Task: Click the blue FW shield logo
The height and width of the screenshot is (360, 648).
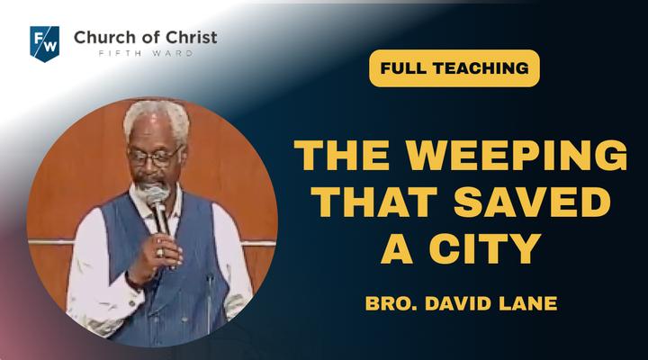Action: pyautogui.click(x=45, y=44)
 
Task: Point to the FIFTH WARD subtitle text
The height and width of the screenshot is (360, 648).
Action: pyautogui.click(x=146, y=53)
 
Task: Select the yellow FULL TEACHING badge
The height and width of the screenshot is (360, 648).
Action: pyautogui.click(x=454, y=68)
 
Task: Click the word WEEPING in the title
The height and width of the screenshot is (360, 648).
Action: pyautogui.click(x=517, y=155)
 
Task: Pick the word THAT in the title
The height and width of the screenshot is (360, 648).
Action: pyautogui.click(x=374, y=202)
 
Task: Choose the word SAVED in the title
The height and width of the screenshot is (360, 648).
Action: pyautogui.click(x=532, y=202)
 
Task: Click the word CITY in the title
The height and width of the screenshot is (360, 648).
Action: pyautogui.click(x=485, y=248)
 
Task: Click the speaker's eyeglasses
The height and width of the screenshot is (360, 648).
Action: pyautogui.click(x=155, y=157)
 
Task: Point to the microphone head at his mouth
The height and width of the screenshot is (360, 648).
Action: pyautogui.click(x=155, y=194)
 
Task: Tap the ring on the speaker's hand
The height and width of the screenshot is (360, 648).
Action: pyautogui.click(x=160, y=252)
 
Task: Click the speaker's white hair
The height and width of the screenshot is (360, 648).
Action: pyautogui.click(x=157, y=118)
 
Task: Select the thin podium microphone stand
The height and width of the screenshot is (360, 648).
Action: pyautogui.click(x=210, y=301)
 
